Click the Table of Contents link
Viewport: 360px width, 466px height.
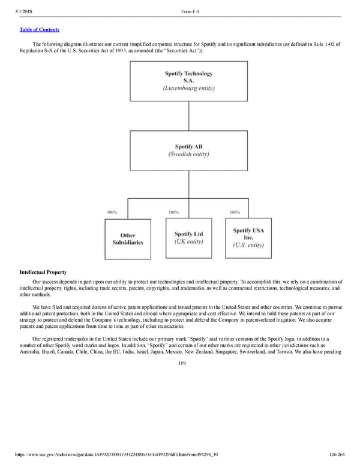pyautogui.click(x=39, y=29)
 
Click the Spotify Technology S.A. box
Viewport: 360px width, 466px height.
pyautogui.click(x=188, y=81)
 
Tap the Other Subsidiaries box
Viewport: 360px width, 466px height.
pyautogui.click(x=128, y=238)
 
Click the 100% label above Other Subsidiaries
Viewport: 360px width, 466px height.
pyautogui.click(x=112, y=212)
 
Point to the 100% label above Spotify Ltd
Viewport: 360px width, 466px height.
pyautogui.click(x=174, y=212)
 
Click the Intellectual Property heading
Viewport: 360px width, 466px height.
pyautogui.click(x=43, y=273)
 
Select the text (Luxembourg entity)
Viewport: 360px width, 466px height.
pyautogui.click(x=188, y=88)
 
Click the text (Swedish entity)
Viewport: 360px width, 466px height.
pyautogui.click(x=188, y=154)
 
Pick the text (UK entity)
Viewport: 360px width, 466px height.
pyautogui.click(x=188, y=242)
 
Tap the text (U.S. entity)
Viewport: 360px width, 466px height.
pyautogui.click(x=248, y=245)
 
